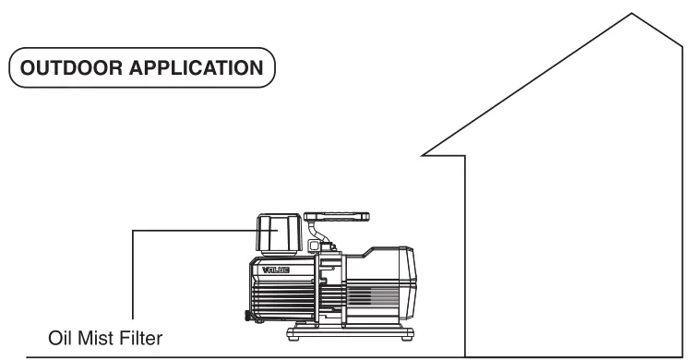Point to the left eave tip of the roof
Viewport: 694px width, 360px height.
[423, 152]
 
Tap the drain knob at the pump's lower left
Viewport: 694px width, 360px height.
[247, 317]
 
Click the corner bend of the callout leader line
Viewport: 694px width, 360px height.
[133, 232]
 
